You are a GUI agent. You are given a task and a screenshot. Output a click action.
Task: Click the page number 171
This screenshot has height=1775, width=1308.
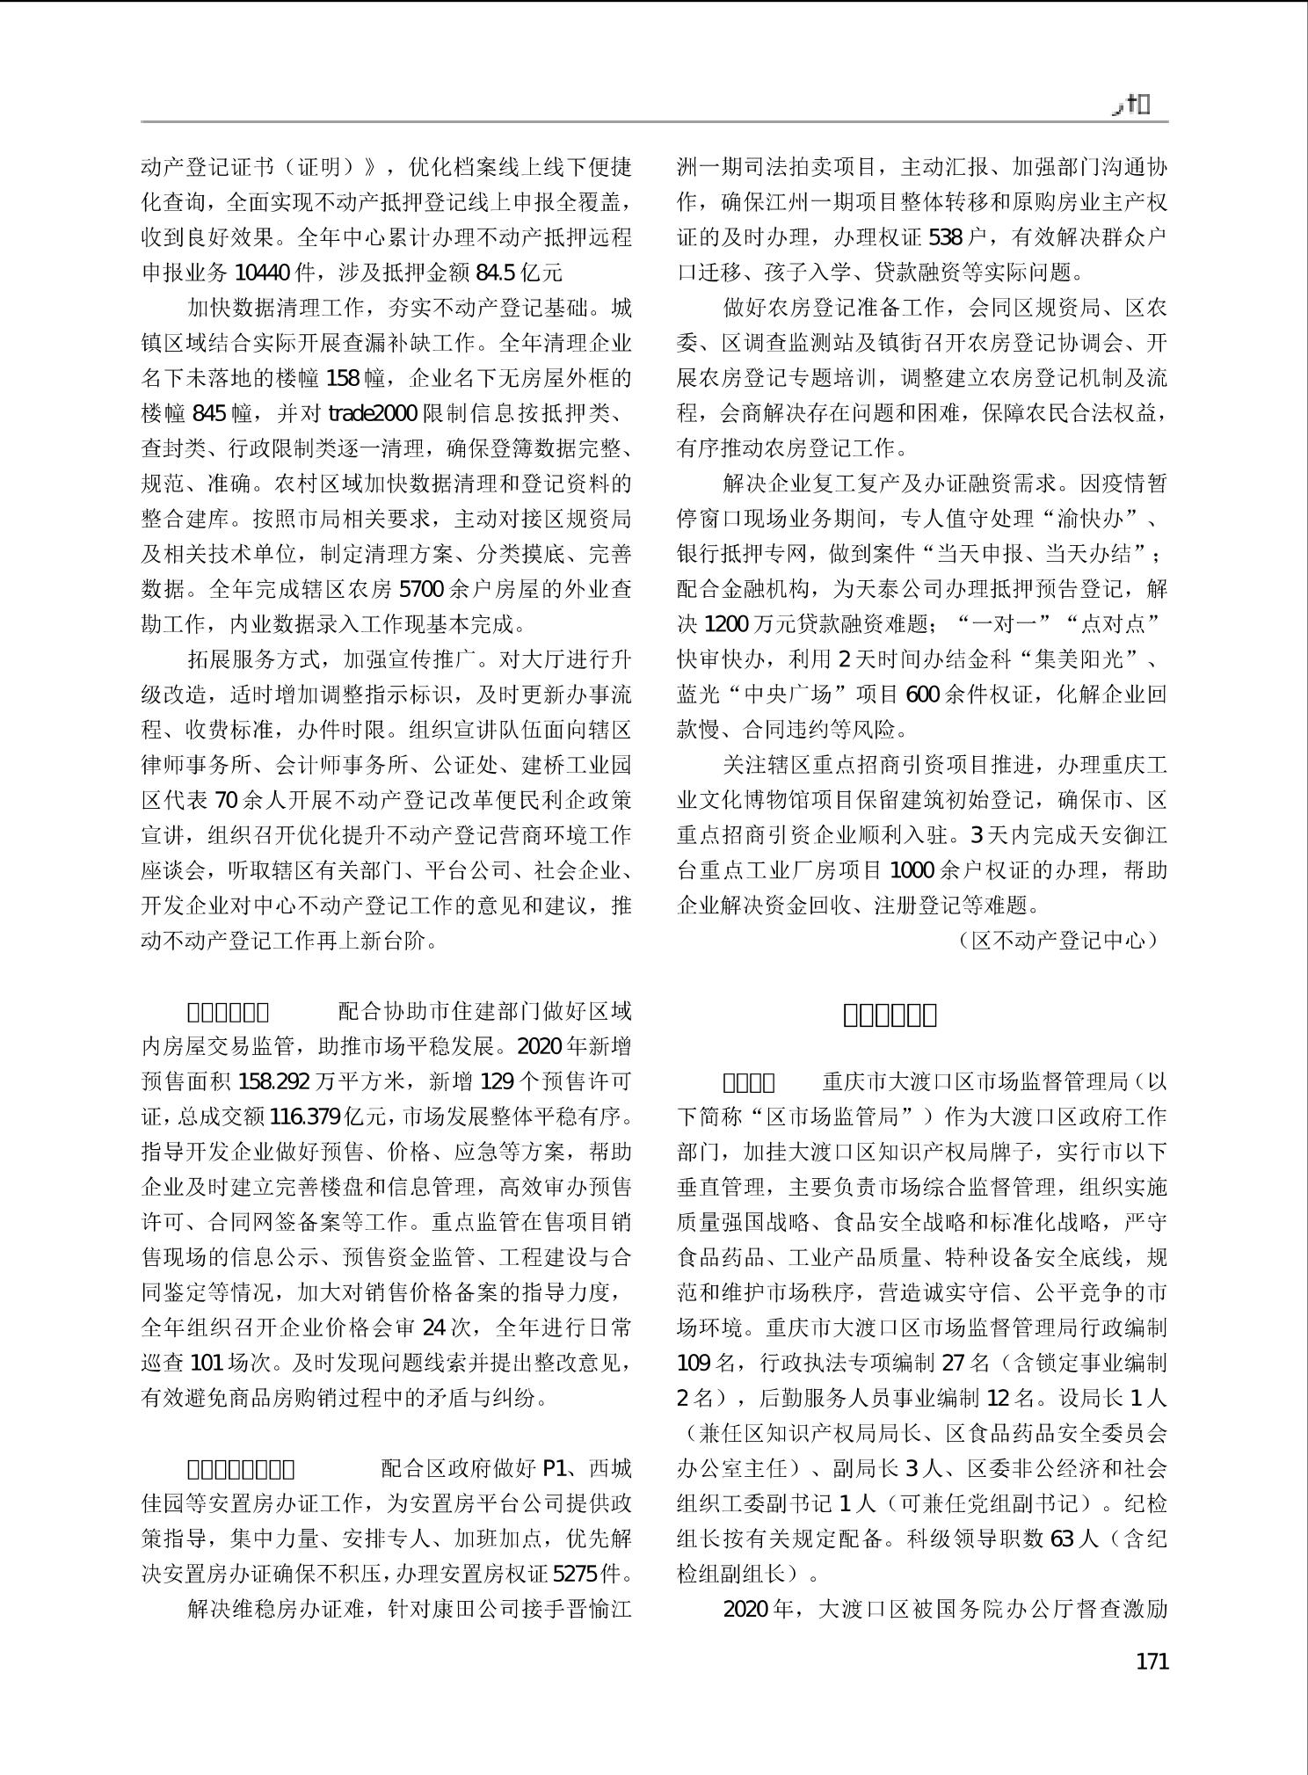click(1152, 1662)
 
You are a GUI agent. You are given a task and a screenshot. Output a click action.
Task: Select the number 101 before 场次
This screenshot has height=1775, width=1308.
click(207, 1363)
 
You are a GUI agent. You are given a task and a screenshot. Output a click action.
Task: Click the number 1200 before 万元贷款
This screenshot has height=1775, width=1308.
click(727, 624)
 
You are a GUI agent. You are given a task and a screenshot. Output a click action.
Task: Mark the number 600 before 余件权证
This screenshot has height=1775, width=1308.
click(922, 695)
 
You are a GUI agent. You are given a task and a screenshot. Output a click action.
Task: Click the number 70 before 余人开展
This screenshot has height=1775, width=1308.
click(227, 800)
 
